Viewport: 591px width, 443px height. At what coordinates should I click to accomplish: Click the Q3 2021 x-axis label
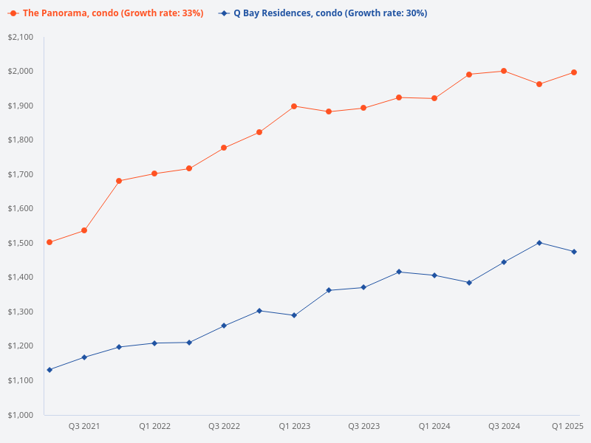84,426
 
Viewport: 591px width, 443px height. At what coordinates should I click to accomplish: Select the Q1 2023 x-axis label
294,426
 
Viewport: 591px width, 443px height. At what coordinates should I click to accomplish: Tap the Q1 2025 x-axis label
568,426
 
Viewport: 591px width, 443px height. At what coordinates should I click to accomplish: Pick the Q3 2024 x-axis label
504,426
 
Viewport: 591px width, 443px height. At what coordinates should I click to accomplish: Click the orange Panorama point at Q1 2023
294,106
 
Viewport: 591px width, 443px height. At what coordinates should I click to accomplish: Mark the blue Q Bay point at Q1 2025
574,252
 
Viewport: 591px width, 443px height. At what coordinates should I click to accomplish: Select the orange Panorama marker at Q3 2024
504,71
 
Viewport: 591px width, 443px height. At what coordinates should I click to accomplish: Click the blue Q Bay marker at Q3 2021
84,357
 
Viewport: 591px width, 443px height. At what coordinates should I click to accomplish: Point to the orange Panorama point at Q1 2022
154,174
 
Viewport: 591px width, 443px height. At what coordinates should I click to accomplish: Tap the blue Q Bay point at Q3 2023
363,287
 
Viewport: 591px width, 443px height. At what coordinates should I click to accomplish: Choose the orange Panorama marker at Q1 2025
574,72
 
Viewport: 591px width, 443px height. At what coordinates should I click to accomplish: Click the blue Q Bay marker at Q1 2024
434,275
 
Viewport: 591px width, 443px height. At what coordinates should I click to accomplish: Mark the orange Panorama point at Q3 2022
224,148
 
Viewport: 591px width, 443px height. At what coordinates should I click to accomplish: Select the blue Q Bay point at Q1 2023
294,315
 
